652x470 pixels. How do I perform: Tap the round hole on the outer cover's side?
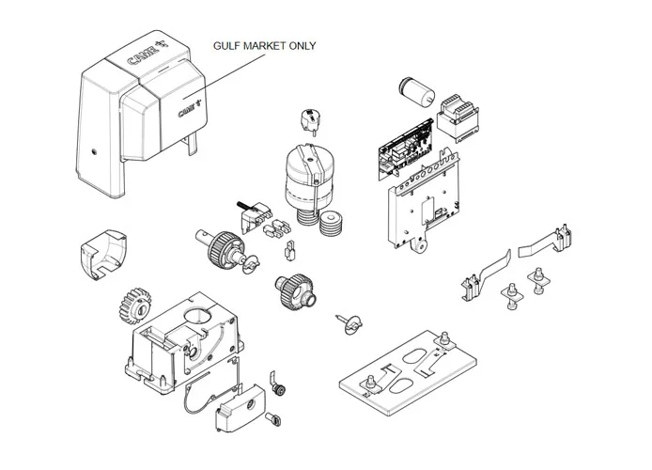click(94, 150)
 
